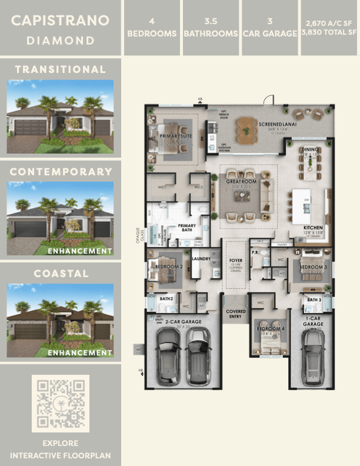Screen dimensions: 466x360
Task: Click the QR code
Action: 60,404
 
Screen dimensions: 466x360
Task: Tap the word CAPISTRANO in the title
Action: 61,21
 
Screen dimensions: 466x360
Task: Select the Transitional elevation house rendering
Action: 60,117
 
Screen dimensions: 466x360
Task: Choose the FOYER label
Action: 235,259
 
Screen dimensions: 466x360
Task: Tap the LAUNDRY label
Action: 201,258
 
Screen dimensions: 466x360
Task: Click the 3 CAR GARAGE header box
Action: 270,28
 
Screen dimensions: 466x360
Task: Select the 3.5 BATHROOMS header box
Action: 211,28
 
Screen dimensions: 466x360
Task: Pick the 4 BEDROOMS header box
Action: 152,28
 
